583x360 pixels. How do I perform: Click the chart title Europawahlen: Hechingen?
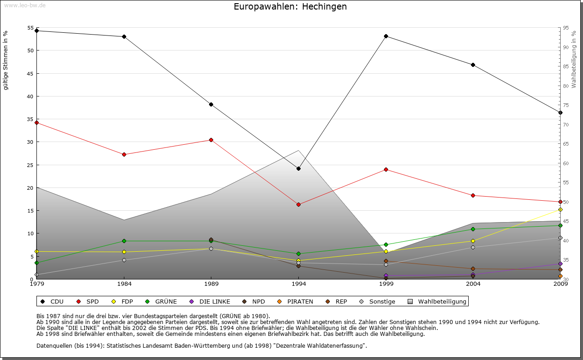(x=290, y=7)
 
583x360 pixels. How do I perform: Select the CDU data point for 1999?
(x=386, y=36)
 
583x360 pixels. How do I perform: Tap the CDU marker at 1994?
(x=298, y=169)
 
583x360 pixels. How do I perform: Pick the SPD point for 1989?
(x=211, y=140)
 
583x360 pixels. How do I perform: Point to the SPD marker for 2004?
(x=473, y=195)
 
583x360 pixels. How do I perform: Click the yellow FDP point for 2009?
(x=560, y=209)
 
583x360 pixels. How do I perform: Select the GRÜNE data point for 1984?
(x=124, y=241)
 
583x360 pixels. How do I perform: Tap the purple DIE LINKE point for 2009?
(x=560, y=264)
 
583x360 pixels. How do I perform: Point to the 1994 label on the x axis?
(x=299, y=285)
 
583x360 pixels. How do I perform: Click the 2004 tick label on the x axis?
(x=473, y=285)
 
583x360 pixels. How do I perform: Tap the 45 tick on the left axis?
(x=30, y=73)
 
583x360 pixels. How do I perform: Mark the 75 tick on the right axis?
(x=565, y=105)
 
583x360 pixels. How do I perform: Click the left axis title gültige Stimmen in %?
(x=6, y=60)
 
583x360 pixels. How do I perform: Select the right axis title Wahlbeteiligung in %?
(x=574, y=59)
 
